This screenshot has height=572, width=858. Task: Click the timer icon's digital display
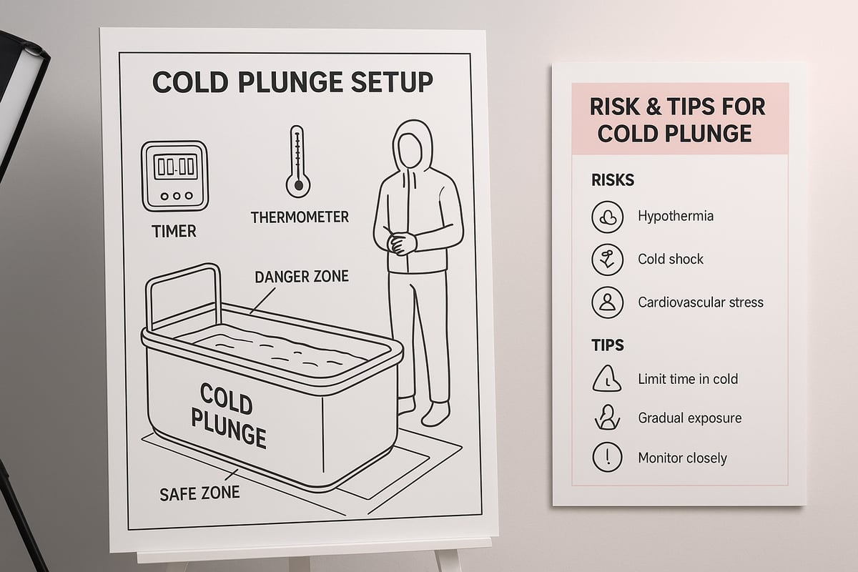coord(175,167)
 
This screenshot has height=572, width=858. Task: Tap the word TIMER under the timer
coord(174,232)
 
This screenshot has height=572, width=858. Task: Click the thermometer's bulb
coord(298,186)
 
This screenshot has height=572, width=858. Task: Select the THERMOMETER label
coord(300,217)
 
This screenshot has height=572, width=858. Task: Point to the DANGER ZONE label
coord(302,277)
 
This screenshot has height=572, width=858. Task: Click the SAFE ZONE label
coord(199,493)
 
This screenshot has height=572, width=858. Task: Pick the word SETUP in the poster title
coord(392,82)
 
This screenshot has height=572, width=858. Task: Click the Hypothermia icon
coord(607,217)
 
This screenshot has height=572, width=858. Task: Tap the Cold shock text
coord(671,260)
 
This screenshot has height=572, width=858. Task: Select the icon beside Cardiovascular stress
coord(607,302)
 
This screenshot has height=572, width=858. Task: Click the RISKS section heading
coord(613,180)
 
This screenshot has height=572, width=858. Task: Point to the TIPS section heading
coord(608,345)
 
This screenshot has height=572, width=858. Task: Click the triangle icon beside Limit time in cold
coord(607,378)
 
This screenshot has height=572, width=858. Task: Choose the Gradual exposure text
coord(689,418)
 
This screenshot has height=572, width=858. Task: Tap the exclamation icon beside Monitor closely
coord(607,457)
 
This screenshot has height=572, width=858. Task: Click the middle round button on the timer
coord(177,196)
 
